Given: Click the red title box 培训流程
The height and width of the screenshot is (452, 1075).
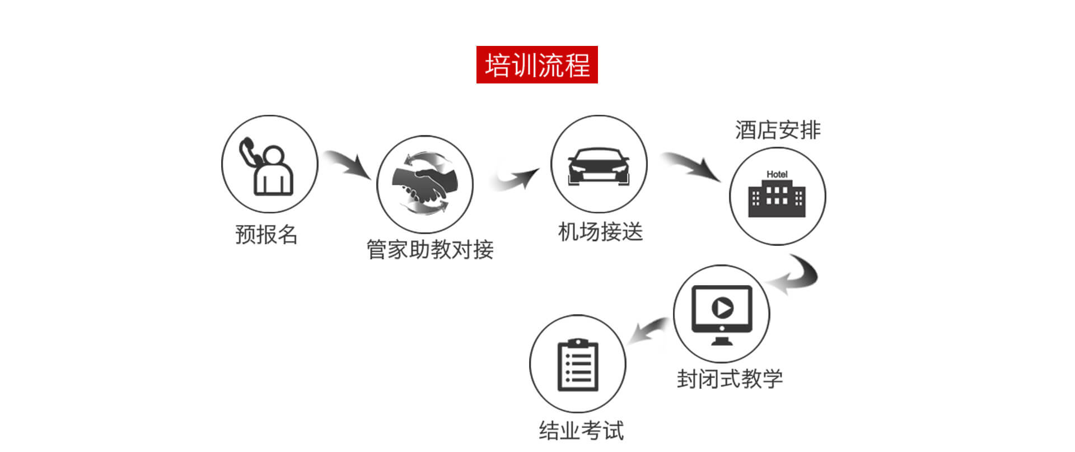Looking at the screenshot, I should (537, 65).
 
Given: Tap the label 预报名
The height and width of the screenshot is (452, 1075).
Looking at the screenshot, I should (266, 234).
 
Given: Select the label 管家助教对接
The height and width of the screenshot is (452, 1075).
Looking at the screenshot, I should (429, 249).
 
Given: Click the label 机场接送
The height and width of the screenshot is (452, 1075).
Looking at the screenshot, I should (600, 232).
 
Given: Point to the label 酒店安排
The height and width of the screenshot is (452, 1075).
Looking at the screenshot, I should (778, 130).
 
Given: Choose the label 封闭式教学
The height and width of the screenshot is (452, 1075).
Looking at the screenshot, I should (729, 379).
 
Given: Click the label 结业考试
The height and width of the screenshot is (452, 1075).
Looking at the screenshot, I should (581, 431).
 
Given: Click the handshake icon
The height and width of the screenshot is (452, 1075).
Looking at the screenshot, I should (425, 184).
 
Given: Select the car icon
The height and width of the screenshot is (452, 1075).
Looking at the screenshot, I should (599, 166).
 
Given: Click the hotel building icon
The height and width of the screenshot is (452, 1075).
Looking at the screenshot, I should (777, 198).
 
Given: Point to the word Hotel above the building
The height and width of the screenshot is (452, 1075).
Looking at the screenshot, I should (777, 174).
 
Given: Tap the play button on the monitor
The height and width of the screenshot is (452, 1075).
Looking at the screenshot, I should (722, 307).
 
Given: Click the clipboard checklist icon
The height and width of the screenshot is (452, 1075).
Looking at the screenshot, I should (578, 365).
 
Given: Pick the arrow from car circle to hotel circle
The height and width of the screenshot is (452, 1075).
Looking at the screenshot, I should (693, 166).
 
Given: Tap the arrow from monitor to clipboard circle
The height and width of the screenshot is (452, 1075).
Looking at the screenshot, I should (648, 330).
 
